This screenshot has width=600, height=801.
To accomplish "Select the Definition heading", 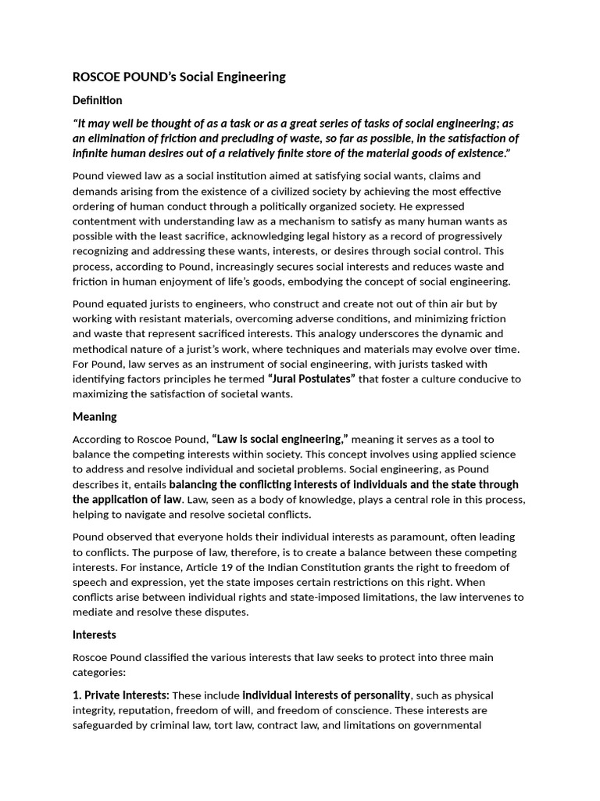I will coord(97,100).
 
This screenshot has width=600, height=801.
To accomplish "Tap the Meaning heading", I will coord(95,417).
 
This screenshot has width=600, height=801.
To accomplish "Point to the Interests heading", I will coord(94,634).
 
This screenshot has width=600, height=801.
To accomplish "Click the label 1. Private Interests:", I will coord(120,695).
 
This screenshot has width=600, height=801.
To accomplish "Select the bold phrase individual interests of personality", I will coord(327,695).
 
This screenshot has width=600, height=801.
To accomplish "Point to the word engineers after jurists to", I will coord(205,304).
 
